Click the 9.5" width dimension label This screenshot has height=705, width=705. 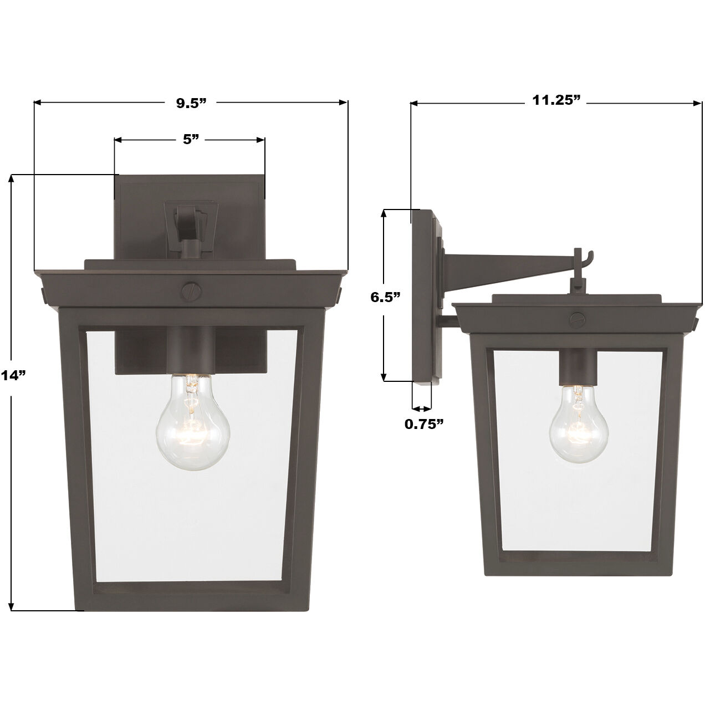point(191,103)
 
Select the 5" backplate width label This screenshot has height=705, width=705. point(191,140)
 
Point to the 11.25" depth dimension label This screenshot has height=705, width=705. point(556,100)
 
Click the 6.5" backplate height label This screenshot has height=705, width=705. point(386,297)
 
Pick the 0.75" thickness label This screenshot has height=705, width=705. point(424,424)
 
